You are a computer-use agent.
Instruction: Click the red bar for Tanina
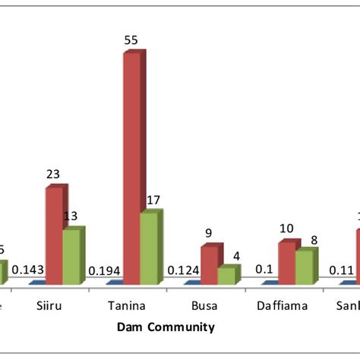[131, 167]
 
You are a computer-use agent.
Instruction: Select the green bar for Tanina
[149, 248]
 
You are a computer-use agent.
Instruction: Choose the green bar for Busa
[226, 275]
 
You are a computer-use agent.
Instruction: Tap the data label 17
[153, 200]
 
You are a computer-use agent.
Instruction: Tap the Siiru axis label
[52, 307]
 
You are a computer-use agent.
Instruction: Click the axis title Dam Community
[166, 328]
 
